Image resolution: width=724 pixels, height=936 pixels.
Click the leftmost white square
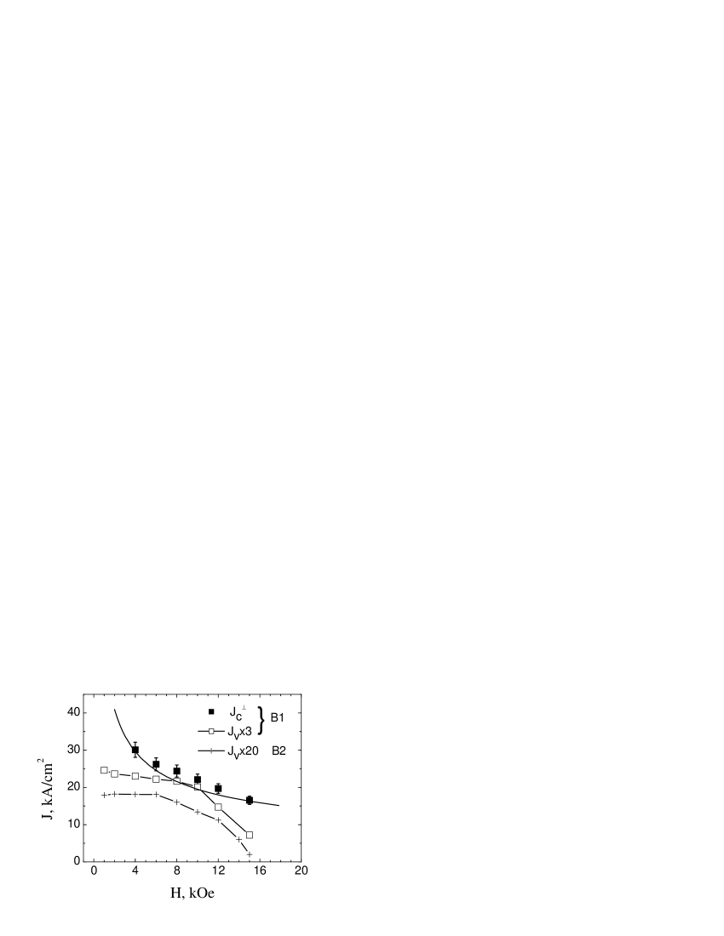point(104,770)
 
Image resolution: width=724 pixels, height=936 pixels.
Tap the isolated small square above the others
point(211,731)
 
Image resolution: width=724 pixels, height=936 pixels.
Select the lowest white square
point(250,835)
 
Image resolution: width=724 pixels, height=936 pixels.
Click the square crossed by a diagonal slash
point(176,781)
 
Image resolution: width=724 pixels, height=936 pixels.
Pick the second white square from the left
point(114,773)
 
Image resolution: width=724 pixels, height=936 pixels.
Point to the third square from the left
point(135,776)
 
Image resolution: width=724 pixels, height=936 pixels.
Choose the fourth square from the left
point(156,779)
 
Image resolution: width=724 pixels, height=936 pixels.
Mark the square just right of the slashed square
point(198,786)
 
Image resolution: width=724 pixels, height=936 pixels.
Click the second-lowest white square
point(218,807)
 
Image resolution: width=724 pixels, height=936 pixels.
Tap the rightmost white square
point(250,835)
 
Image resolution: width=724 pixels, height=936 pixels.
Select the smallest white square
point(211,731)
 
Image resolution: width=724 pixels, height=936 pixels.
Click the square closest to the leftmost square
point(114,773)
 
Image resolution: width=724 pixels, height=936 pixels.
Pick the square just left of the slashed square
point(156,779)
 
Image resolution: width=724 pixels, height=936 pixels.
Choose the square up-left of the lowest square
point(218,807)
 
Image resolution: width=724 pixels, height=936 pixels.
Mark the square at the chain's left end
point(104,770)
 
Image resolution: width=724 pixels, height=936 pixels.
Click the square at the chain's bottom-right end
point(250,835)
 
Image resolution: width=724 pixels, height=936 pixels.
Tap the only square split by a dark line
point(176,781)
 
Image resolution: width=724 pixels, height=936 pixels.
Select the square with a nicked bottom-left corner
point(198,786)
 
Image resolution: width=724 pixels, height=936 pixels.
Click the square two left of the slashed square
point(135,776)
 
